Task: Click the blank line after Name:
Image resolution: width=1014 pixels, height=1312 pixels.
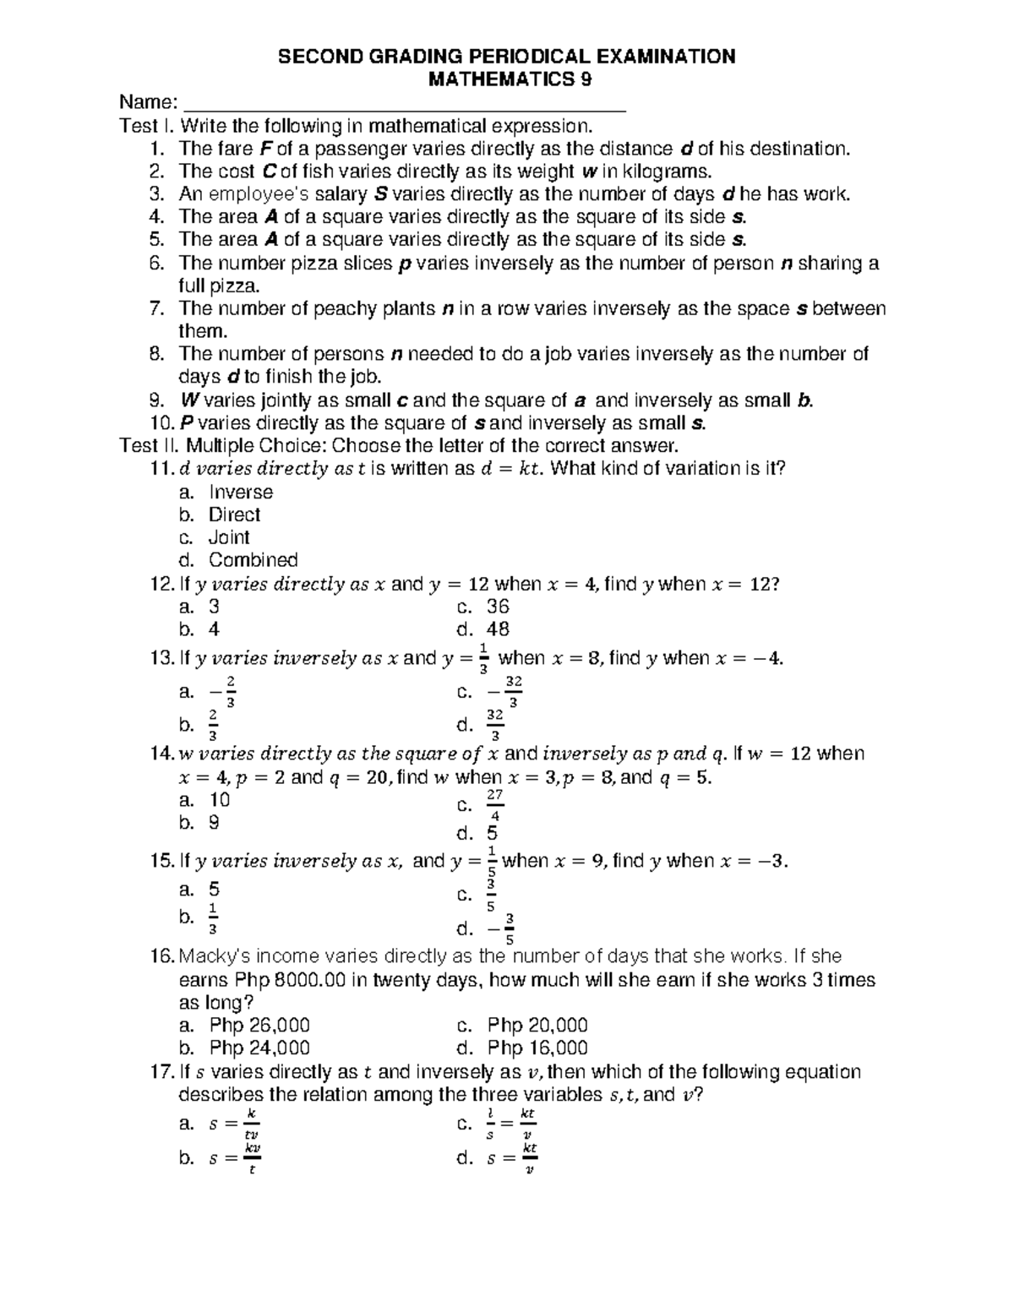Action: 404,105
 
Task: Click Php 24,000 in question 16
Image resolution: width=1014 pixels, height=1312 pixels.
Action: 259,1048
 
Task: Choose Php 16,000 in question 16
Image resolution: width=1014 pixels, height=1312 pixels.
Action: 537,1048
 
